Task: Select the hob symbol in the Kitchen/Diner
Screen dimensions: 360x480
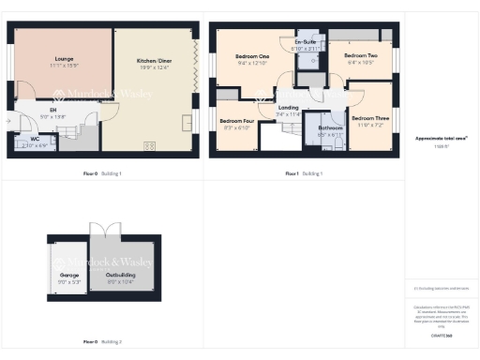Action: click(148, 144)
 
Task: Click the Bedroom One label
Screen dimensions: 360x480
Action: click(252, 57)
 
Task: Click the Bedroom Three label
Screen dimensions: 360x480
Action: click(369, 117)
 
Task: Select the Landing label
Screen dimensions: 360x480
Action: click(290, 107)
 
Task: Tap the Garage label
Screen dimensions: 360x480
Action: click(68, 275)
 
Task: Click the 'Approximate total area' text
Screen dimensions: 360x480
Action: click(441, 138)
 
